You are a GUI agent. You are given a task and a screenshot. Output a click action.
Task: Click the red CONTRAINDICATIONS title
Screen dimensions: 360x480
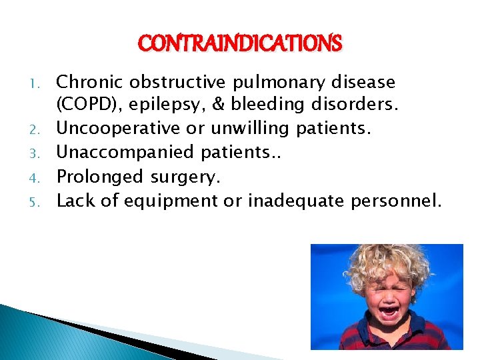(x=240, y=44)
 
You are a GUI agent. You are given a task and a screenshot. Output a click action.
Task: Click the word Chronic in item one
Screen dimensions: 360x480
(x=91, y=83)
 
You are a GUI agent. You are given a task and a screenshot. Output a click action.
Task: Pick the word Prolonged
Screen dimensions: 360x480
(x=100, y=177)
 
